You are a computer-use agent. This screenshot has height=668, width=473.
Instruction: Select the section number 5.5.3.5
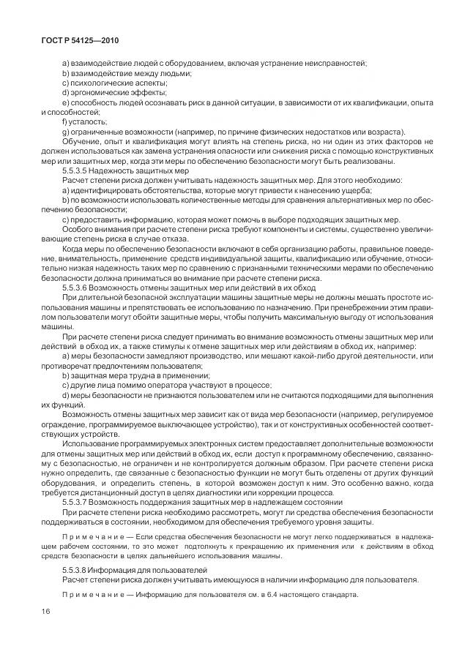(79, 169)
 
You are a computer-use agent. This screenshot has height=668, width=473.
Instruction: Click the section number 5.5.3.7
(79, 501)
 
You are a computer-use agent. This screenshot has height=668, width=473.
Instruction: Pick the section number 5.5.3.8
(79, 568)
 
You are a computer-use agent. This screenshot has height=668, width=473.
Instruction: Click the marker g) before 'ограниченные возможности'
(66, 131)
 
